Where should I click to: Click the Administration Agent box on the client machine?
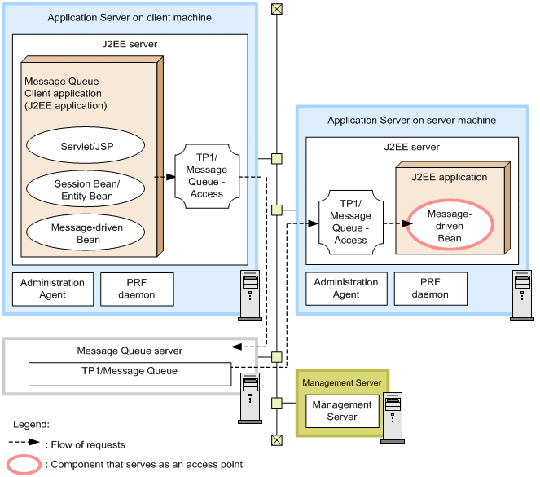click(52, 289)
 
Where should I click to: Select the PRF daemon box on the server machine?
click(430, 289)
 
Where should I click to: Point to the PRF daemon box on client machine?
click(137, 289)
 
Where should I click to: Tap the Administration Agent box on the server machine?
click(346, 289)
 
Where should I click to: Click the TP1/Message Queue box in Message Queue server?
click(130, 372)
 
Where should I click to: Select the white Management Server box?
click(342, 411)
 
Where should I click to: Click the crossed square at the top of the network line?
click(277, 9)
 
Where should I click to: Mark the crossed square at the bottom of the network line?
click(277, 440)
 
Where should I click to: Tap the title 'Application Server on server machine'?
click(411, 121)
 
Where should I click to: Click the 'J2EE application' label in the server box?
click(450, 177)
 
